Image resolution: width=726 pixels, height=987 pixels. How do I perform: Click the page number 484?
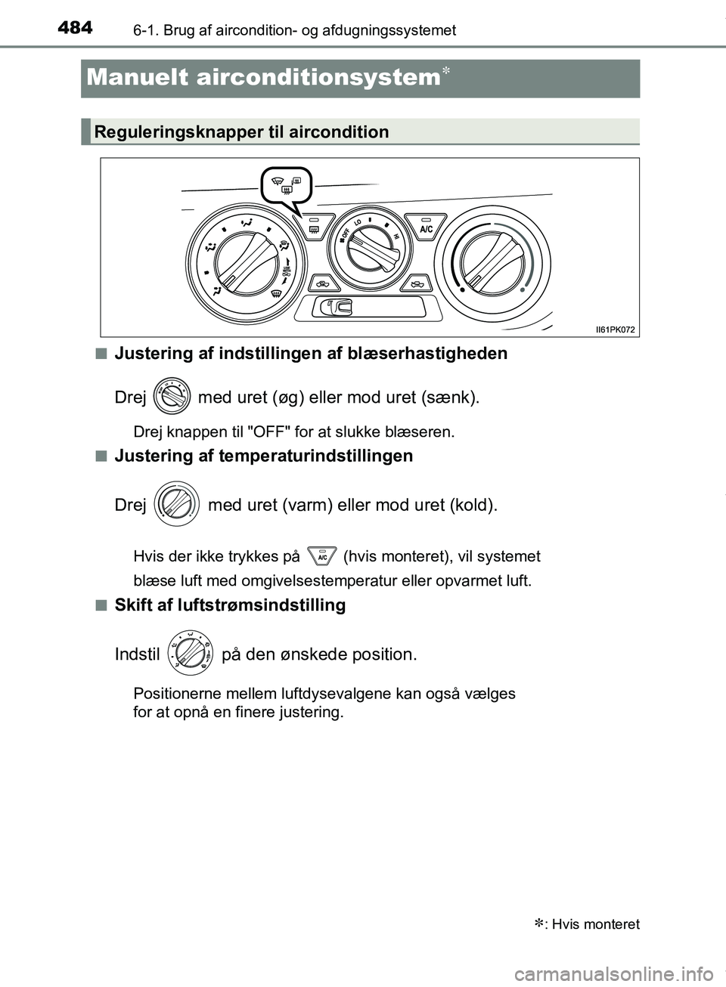pyautogui.click(x=75, y=29)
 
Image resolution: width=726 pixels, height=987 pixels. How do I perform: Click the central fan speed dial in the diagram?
pyautogui.click(x=371, y=246)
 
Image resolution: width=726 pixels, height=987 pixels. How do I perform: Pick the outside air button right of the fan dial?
pyautogui.click(x=415, y=284)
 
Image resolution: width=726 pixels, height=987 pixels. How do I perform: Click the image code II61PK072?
pyautogui.click(x=615, y=330)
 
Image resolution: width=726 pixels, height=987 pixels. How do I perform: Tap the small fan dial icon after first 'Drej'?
pyautogui.click(x=172, y=396)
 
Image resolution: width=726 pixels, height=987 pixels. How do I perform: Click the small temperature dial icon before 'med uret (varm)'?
pyautogui.click(x=176, y=503)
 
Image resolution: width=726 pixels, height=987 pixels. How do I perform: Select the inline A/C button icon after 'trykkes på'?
pyautogui.click(x=322, y=557)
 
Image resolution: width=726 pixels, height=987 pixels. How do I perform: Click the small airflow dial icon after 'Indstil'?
pyautogui.click(x=190, y=651)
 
